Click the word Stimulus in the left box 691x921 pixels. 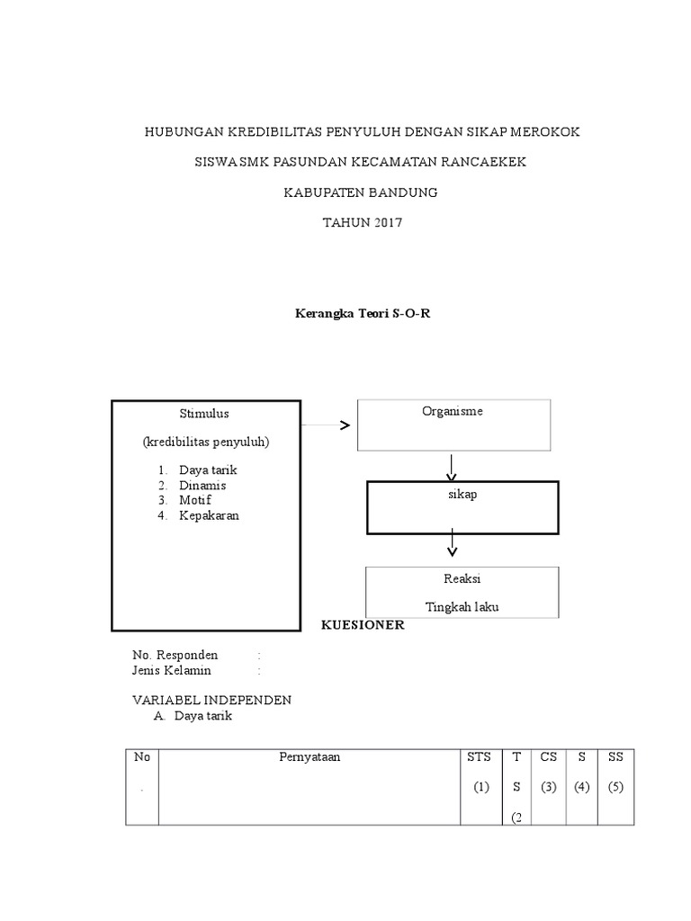204,414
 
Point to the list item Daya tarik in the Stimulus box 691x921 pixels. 208,470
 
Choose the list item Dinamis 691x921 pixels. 202,486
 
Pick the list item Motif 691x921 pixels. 195,500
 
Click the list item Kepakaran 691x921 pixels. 209,515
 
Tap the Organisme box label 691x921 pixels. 453,411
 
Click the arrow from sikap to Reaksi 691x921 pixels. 453,541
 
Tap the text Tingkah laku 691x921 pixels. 462,607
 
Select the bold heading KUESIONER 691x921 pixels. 363,626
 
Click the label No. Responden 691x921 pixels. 175,655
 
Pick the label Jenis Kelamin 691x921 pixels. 172,670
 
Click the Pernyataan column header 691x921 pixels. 310,757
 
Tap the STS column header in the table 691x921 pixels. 479,757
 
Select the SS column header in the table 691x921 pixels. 615,757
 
